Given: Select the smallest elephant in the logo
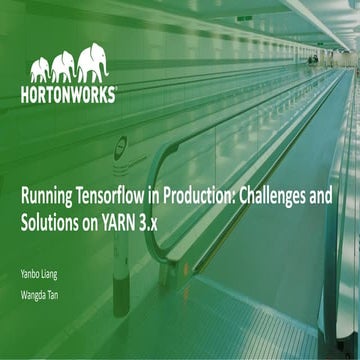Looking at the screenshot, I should (x=39, y=70).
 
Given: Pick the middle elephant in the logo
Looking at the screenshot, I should (x=63, y=66).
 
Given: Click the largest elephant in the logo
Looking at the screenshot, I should (x=93, y=61).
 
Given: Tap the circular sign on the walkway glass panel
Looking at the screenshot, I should (x=121, y=144).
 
